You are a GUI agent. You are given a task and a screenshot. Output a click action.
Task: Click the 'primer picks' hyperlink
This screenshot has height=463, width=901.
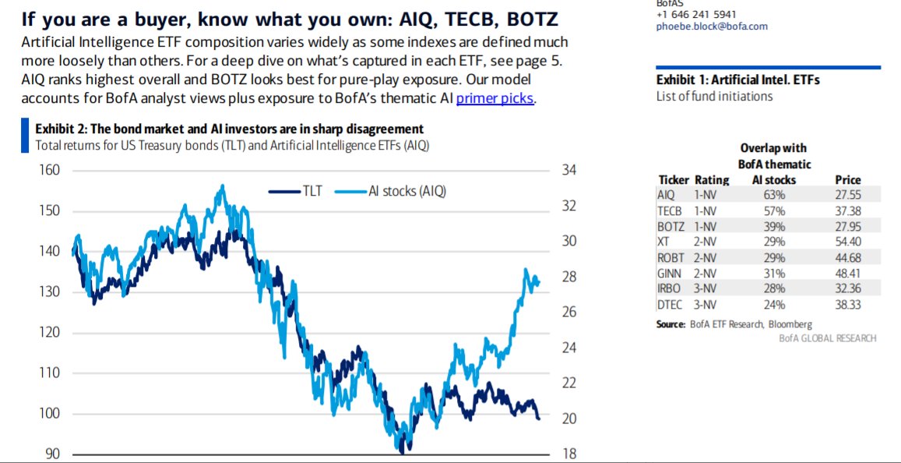tap(495, 98)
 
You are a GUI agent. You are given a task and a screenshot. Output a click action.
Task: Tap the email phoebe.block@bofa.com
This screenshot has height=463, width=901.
tap(712, 26)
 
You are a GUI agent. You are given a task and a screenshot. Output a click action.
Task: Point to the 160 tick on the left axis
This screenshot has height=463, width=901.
tap(49, 171)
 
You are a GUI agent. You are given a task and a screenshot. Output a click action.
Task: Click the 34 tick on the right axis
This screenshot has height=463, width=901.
tap(568, 171)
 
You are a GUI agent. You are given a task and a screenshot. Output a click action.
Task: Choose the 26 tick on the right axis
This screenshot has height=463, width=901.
tap(568, 312)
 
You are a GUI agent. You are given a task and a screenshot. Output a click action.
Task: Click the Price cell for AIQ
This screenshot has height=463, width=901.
tap(847, 195)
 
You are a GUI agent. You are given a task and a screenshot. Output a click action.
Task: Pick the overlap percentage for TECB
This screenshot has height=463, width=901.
tap(774, 210)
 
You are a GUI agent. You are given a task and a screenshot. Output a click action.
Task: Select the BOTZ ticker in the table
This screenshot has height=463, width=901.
tap(670, 226)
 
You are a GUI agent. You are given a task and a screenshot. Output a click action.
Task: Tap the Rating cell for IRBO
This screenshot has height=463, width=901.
tap(705, 289)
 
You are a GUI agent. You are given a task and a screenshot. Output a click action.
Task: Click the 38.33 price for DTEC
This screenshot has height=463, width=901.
tap(847, 305)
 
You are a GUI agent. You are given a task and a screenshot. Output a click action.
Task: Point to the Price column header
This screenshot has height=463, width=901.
tap(847, 180)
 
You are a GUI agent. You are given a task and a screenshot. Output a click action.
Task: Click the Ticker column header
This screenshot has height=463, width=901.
tap(674, 180)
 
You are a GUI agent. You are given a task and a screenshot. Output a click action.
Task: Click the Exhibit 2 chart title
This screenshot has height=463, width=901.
tap(230, 129)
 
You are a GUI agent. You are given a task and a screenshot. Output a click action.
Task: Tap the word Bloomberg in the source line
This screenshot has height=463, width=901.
tap(790, 324)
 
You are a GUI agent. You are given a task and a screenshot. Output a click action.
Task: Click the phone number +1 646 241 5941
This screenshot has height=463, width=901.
tap(696, 14)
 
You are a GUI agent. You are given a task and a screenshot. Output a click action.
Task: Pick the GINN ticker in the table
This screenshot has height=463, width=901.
tap(670, 274)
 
